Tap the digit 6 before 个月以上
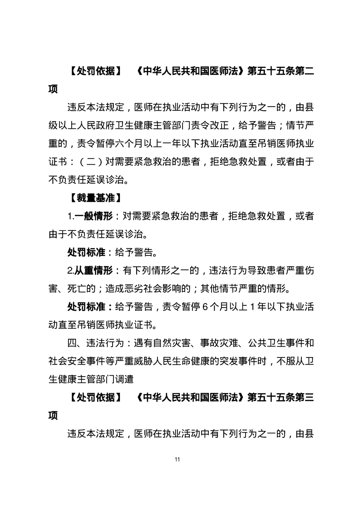(205, 307)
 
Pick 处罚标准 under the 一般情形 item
(86, 252)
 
